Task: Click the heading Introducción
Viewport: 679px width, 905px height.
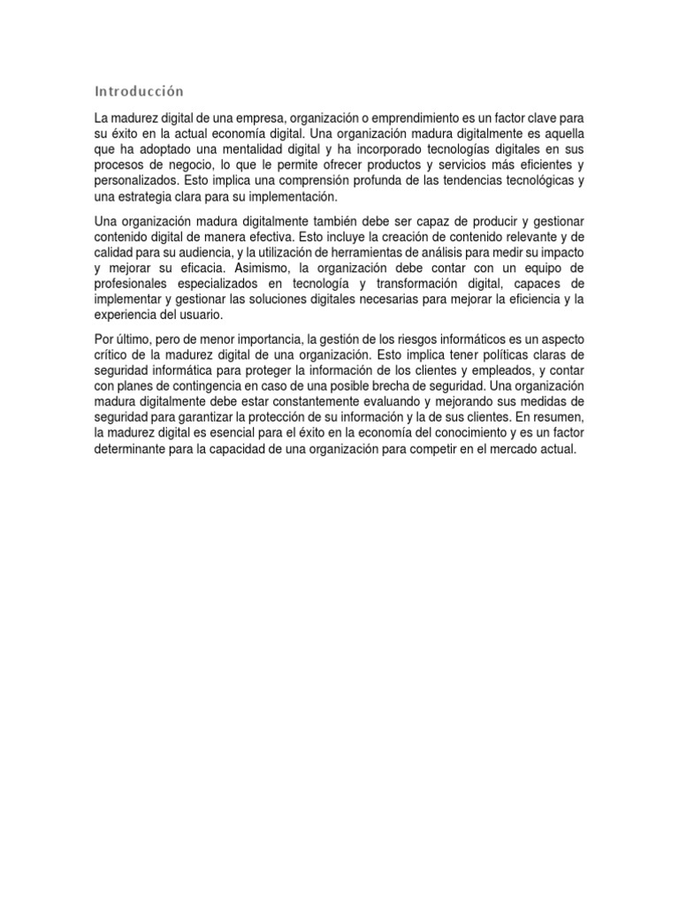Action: click(139, 91)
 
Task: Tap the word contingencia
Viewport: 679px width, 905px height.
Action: click(202, 388)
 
